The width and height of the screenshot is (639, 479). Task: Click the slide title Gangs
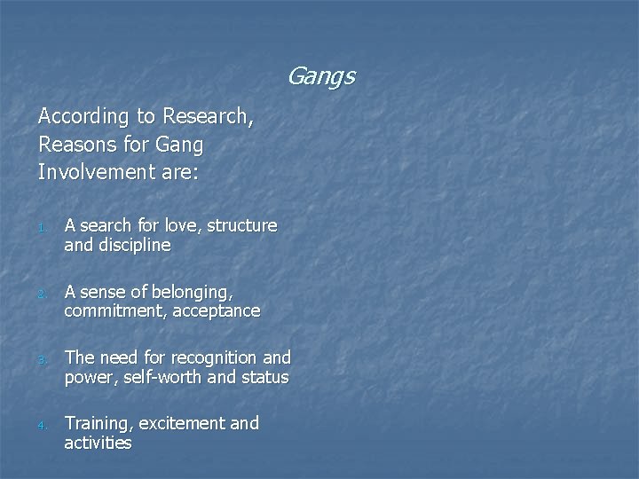(x=320, y=77)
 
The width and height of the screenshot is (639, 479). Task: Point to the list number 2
(x=42, y=294)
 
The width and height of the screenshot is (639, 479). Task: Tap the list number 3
(x=42, y=361)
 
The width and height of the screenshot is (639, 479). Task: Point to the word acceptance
(x=217, y=311)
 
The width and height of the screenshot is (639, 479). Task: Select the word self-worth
(x=171, y=377)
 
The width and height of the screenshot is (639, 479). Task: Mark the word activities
(x=98, y=443)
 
